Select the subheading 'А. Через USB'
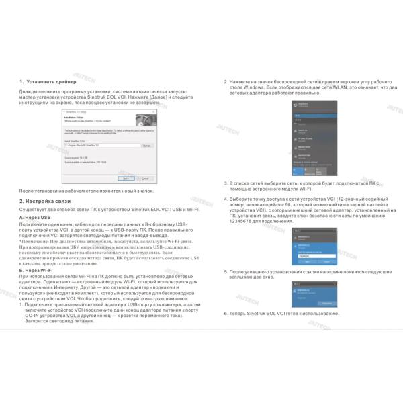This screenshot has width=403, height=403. pyautogui.click(x=35, y=218)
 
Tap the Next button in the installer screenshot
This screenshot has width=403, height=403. pyautogui.click(x=125, y=179)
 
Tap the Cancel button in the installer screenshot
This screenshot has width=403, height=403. pyautogui.click(x=144, y=179)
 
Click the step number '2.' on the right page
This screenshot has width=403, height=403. pyautogui.click(x=226, y=81)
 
